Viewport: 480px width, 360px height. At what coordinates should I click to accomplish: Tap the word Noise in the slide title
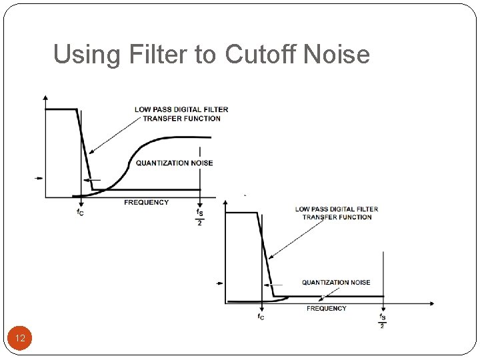click(x=336, y=54)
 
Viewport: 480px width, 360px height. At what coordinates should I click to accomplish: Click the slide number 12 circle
click(x=20, y=339)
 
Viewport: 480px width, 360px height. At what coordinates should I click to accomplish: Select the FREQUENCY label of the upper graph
click(x=146, y=202)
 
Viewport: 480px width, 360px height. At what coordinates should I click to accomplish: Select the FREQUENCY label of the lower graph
click(x=326, y=308)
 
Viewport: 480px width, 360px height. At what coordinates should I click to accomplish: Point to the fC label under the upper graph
click(x=80, y=213)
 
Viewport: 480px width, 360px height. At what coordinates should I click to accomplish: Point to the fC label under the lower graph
click(x=261, y=317)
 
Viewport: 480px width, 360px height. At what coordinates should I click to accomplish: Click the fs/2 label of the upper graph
click(x=200, y=217)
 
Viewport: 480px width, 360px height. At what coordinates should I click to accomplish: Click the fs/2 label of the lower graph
click(x=383, y=321)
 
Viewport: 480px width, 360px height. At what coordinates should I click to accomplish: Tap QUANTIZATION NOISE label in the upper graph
click(x=174, y=163)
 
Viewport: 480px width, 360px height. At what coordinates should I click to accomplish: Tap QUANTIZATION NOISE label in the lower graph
click(x=335, y=283)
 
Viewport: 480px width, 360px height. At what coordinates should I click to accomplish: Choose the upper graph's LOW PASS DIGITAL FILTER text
click(x=181, y=110)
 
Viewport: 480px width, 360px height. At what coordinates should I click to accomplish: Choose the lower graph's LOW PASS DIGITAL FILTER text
click(x=336, y=209)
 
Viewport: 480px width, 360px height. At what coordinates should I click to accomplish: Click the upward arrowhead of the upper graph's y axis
click(x=45, y=99)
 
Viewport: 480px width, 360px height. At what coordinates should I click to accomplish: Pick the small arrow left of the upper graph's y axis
click(x=39, y=178)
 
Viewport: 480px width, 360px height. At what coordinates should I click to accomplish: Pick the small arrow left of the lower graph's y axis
click(x=220, y=284)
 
